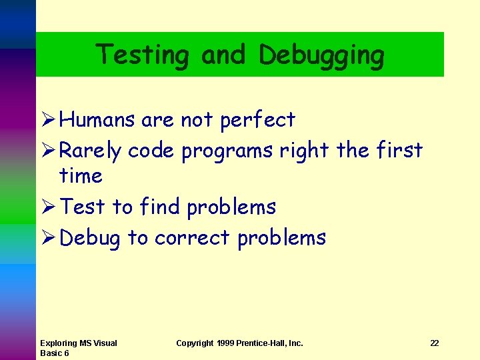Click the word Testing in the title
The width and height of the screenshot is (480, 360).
coord(142,55)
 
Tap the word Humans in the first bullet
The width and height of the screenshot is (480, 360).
coord(98,120)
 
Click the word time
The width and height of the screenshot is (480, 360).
coord(81,176)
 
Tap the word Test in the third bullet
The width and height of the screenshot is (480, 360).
coord(83,207)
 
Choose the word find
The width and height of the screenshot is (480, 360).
coord(160,207)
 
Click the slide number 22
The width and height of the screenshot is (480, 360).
coord(435,343)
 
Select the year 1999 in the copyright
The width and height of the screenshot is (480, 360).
coord(225,343)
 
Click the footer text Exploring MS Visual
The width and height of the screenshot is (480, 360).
coord(78,343)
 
